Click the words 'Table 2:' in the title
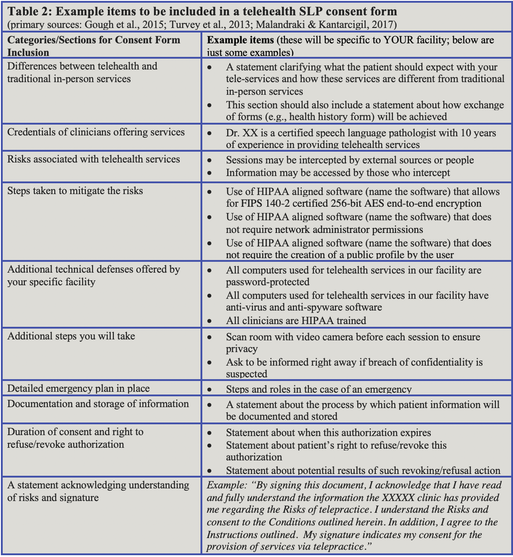(x=29, y=11)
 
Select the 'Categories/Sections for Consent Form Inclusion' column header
(x=93, y=45)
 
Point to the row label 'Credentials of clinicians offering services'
(x=96, y=132)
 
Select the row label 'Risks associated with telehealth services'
(x=93, y=159)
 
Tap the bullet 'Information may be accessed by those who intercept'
(x=338, y=172)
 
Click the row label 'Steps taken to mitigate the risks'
(x=75, y=190)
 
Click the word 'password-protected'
(x=268, y=282)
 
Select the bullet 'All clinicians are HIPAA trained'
(x=296, y=321)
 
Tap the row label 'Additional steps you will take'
(x=71, y=336)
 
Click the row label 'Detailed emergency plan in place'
(x=78, y=388)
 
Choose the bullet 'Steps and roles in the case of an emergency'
(x=319, y=389)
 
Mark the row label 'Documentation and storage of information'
(x=98, y=404)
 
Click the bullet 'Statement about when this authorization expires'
(x=328, y=432)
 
